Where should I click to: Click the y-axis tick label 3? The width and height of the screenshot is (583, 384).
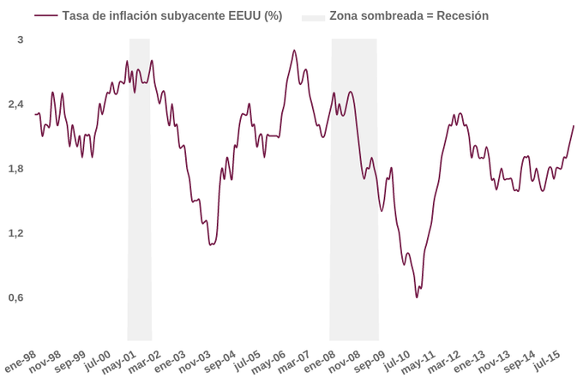point(21,40)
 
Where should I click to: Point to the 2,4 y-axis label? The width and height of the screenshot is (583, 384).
point(17,105)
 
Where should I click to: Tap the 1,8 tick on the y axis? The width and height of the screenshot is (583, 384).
point(17,169)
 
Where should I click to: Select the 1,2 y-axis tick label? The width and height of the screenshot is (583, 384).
point(17,233)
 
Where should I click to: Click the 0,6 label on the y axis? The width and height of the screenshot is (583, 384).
point(17,297)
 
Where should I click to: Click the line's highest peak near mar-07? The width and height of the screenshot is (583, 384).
point(294,51)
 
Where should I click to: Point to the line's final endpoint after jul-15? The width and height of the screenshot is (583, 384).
point(574,126)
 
